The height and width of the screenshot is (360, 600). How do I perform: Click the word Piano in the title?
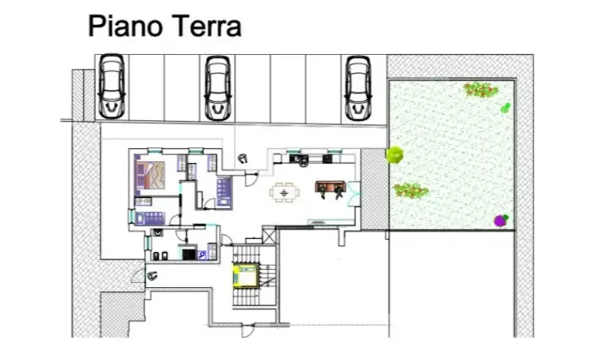pyautogui.click(x=125, y=26)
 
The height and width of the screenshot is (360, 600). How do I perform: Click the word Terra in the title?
pyautogui.click(x=205, y=26)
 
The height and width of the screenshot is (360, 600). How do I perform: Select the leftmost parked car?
pyautogui.click(x=111, y=86)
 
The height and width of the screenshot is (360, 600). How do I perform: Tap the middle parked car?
pyautogui.click(x=218, y=88)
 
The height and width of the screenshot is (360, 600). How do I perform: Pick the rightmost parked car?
pyautogui.click(x=357, y=88)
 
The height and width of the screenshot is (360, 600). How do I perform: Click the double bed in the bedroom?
pyautogui.click(x=150, y=176)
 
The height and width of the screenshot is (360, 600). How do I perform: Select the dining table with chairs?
pyautogui.click(x=285, y=193)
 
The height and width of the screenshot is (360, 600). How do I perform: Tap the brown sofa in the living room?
pyautogui.click(x=331, y=187)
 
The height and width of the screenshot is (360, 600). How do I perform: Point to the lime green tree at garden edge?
pyautogui.click(x=394, y=155)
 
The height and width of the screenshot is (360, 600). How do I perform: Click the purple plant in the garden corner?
pyautogui.click(x=501, y=220)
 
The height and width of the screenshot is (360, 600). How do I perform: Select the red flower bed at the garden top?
pyautogui.click(x=481, y=90)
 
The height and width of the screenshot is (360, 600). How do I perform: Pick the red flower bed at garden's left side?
pyautogui.click(x=411, y=190)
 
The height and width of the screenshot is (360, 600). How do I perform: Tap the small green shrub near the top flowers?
pyautogui.click(x=506, y=108)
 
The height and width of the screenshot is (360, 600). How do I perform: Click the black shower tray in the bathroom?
pyautogui.click(x=188, y=254)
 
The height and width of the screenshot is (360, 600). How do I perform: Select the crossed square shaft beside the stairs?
pyautogui.click(x=269, y=235)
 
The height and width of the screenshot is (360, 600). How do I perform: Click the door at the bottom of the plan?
pyautogui.click(x=248, y=330)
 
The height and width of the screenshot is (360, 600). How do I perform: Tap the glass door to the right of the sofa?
pyautogui.click(x=353, y=195)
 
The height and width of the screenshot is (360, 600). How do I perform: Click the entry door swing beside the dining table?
pyautogui.click(x=251, y=179)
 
